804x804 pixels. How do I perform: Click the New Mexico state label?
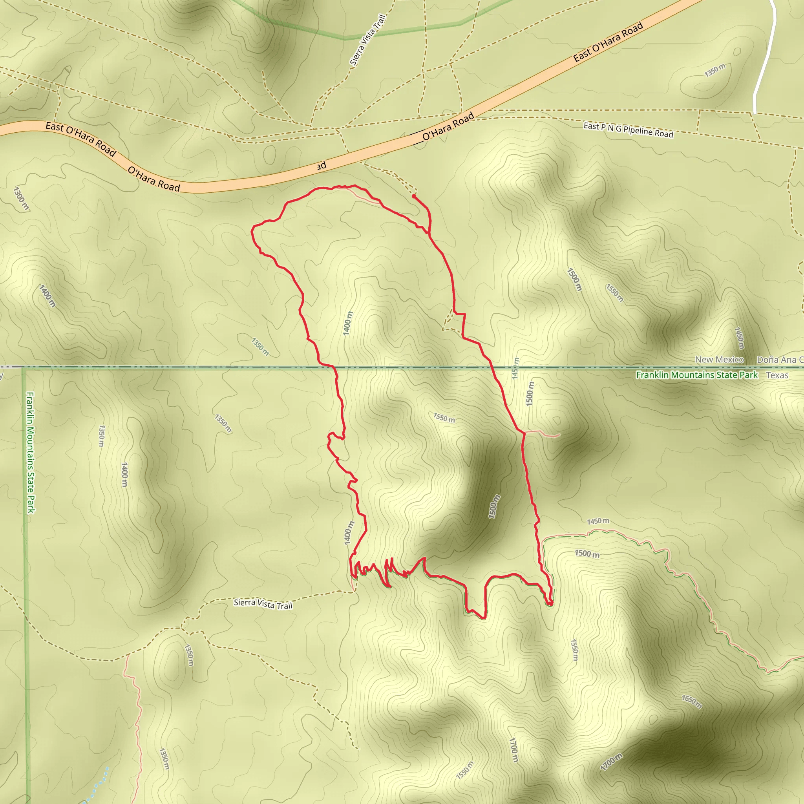(x=719, y=360)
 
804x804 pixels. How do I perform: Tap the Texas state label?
(x=777, y=375)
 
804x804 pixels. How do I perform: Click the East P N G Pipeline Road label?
(x=628, y=130)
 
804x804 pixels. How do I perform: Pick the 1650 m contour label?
(x=692, y=701)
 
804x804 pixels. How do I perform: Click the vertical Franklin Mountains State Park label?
(x=31, y=452)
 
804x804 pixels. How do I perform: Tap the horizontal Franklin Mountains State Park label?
(x=697, y=375)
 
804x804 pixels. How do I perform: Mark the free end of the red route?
(x=413, y=196)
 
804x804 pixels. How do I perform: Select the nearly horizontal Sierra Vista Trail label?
(x=263, y=604)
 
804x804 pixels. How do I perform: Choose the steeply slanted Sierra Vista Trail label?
(x=368, y=40)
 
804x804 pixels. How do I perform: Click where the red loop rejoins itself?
(x=429, y=234)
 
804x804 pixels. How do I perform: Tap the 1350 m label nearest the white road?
(x=714, y=70)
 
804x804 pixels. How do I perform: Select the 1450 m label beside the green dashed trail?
(x=598, y=521)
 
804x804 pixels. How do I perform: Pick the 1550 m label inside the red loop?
(x=444, y=418)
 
